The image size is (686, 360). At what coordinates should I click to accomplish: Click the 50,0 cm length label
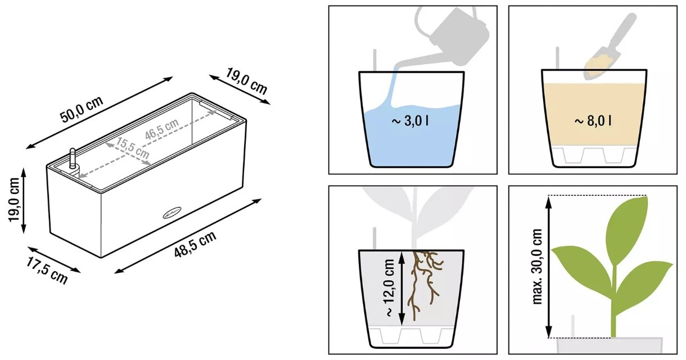point(82,109)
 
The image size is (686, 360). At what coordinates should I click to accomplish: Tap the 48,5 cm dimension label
point(195,244)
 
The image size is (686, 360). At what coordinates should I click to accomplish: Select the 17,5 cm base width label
point(47,271)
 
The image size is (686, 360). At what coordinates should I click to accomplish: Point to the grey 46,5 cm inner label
point(162,129)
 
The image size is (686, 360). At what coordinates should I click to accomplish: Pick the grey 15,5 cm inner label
point(132,148)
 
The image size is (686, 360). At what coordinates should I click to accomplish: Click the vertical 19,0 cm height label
point(14,200)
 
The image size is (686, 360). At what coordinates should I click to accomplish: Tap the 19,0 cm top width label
point(246,81)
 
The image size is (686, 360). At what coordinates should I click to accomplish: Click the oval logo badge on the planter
point(172,213)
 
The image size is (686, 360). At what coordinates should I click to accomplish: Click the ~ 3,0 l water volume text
point(410,121)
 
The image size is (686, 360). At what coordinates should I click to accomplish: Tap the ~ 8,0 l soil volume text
point(593,121)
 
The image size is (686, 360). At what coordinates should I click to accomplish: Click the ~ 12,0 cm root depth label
point(389,287)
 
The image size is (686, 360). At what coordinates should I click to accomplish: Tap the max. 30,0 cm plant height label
point(538,266)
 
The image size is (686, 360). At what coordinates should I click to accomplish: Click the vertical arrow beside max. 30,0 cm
point(549,267)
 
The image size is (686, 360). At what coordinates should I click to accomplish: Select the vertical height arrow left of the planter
point(24,200)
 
